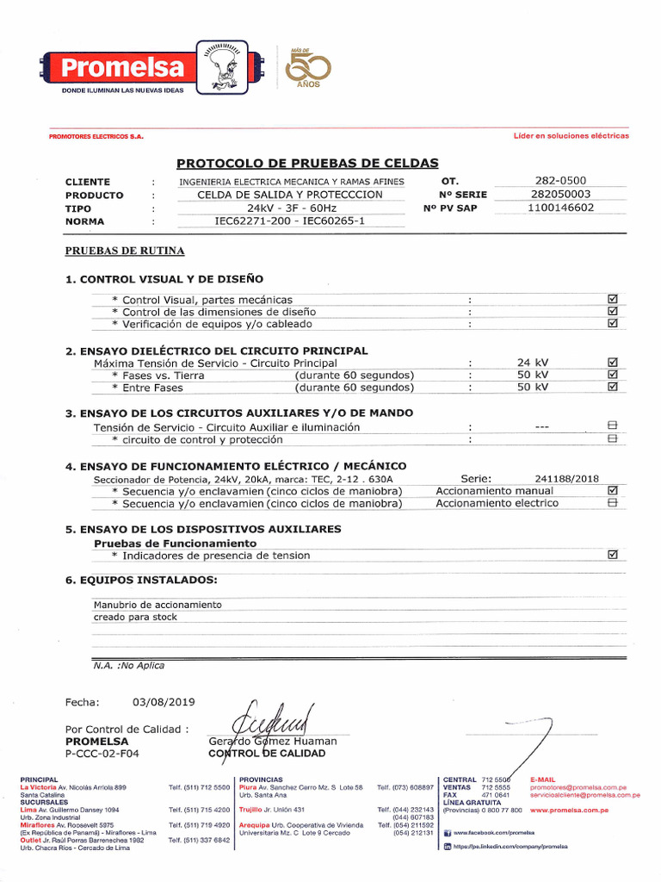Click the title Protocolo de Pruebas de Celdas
tap(307, 163)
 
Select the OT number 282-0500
tap(560, 181)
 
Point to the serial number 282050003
tap(560, 194)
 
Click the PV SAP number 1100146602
tap(560, 208)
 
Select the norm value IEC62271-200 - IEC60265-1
tap(289, 221)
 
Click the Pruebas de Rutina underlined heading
tap(125, 251)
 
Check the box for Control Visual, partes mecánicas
tap(613, 299)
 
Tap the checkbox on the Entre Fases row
tap(613, 387)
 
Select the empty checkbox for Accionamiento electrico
tap(613, 503)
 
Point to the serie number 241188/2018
tap(566, 478)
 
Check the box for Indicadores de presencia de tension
tap(613, 556)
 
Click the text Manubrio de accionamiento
tap(158, 605)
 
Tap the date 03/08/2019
tap(164, 702)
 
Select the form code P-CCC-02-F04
tap(102, 753)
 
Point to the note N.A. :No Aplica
tap(128, 665)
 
